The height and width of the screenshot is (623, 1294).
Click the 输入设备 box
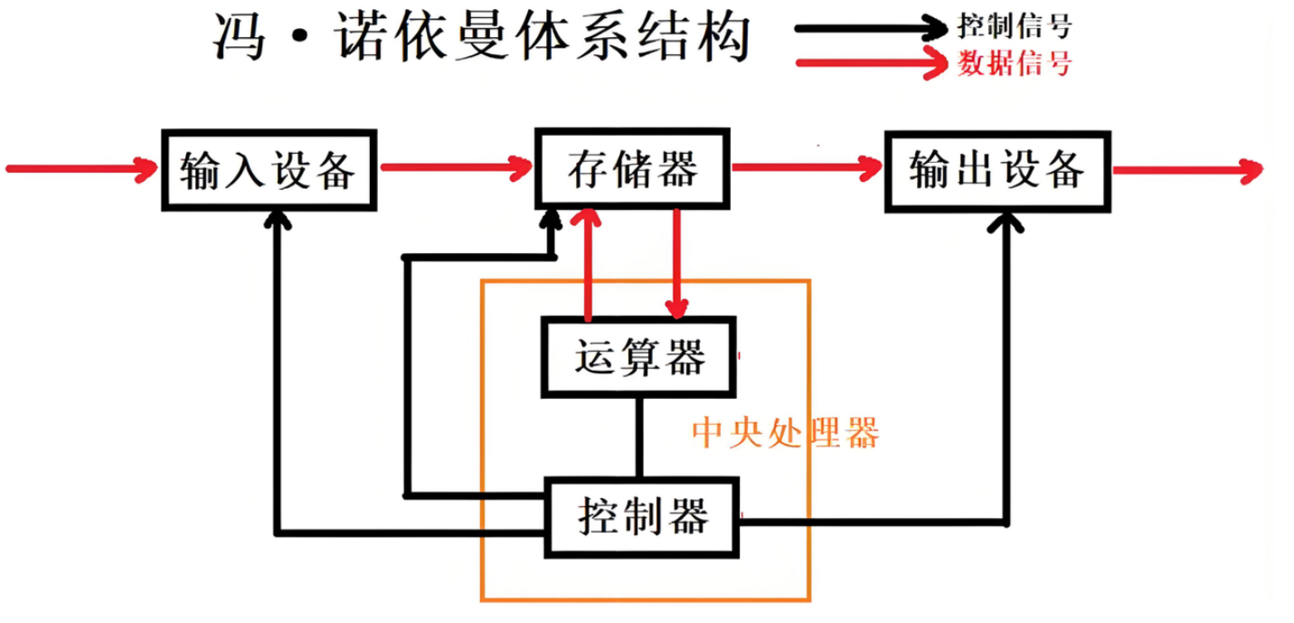[268, 170]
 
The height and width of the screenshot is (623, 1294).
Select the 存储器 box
[633, 168]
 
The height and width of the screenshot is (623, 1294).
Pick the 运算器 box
[638, 357]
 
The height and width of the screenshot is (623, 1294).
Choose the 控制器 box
[641, 518]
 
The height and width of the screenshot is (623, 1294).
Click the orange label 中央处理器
[785, 433]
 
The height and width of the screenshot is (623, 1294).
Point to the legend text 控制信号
[1014, 26]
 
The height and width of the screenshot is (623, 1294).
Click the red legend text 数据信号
[1014, 63]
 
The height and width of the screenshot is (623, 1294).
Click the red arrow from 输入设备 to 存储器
[456, 166]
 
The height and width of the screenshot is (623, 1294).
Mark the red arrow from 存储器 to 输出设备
[807, 166]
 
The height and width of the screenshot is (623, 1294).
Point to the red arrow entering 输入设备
[81, 166]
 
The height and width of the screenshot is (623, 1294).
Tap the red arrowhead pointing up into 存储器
[589, 220]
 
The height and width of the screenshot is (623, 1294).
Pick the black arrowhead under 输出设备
[1006, 222]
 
